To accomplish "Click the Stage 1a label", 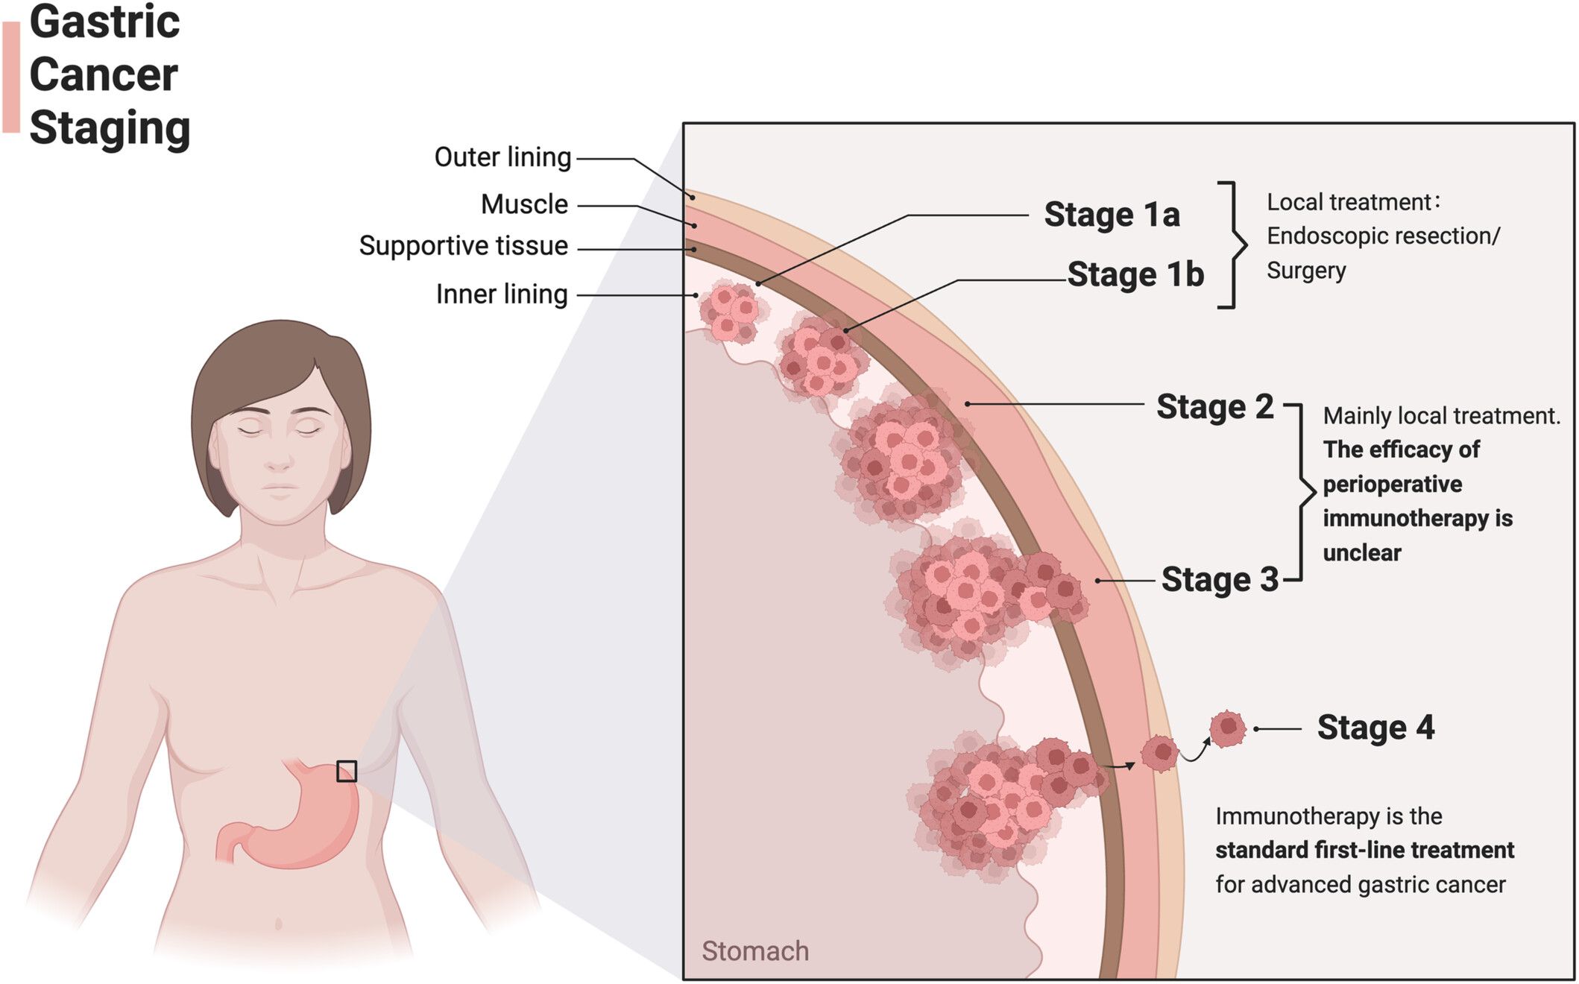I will coord(1111,215).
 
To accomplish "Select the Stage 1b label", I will coord(1135,274).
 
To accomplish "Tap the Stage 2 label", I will coord(1214,407).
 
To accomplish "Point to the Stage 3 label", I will coord(1220,580).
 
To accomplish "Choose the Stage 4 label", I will coord(1375,728).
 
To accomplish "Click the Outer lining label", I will coord(502,157).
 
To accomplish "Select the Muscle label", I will coord(524,204).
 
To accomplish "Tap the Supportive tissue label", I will coord(463,246).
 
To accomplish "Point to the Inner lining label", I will coord(502,294).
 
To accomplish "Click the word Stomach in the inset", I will coord(754,951).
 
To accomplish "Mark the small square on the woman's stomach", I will coord(346,771).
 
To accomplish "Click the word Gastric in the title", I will coord(104,22).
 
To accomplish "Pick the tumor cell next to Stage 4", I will coord(1227,728).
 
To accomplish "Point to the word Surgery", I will coord(1305,270).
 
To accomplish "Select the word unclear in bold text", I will coord(1361,553).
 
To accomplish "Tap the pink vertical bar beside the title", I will coord(11,77).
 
